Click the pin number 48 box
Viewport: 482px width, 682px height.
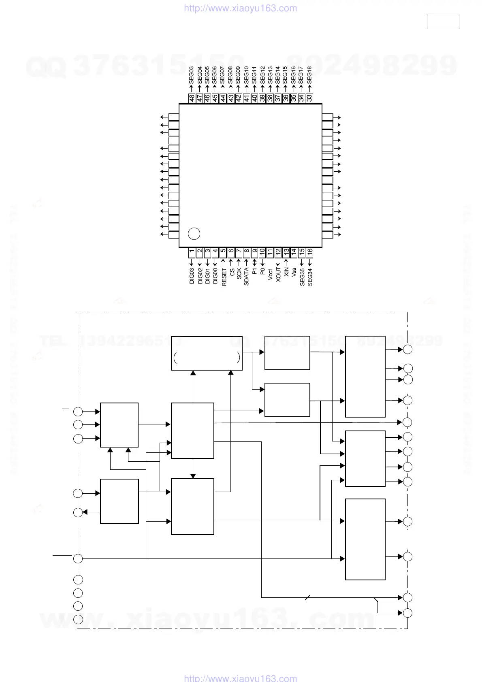click(192, 98)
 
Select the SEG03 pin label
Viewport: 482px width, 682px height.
click(192, 75)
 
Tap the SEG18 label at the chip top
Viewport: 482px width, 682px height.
click(309, 75)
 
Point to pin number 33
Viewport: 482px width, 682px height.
click(309, 98)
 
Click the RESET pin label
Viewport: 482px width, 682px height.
click(224, 277)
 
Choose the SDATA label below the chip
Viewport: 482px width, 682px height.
click(246, 277)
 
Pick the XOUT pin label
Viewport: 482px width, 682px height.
click(278, 275)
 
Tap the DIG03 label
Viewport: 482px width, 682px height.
click(192, 276)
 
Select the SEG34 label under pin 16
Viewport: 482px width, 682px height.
click(310, 277)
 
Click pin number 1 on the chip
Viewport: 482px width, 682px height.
click(192, 251)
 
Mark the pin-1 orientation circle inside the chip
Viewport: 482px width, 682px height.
click(194, 234)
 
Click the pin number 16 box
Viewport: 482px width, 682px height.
click(310, 251)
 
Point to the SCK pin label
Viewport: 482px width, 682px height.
click(239, 273)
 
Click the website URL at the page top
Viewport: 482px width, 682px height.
click(241, 8)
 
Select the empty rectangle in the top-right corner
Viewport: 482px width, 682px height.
click(443, 21)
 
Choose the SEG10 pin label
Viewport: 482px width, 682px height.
click(246, 75)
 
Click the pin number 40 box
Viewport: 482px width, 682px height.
click(254, 98)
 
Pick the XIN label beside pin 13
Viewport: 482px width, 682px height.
click(286, 272)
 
